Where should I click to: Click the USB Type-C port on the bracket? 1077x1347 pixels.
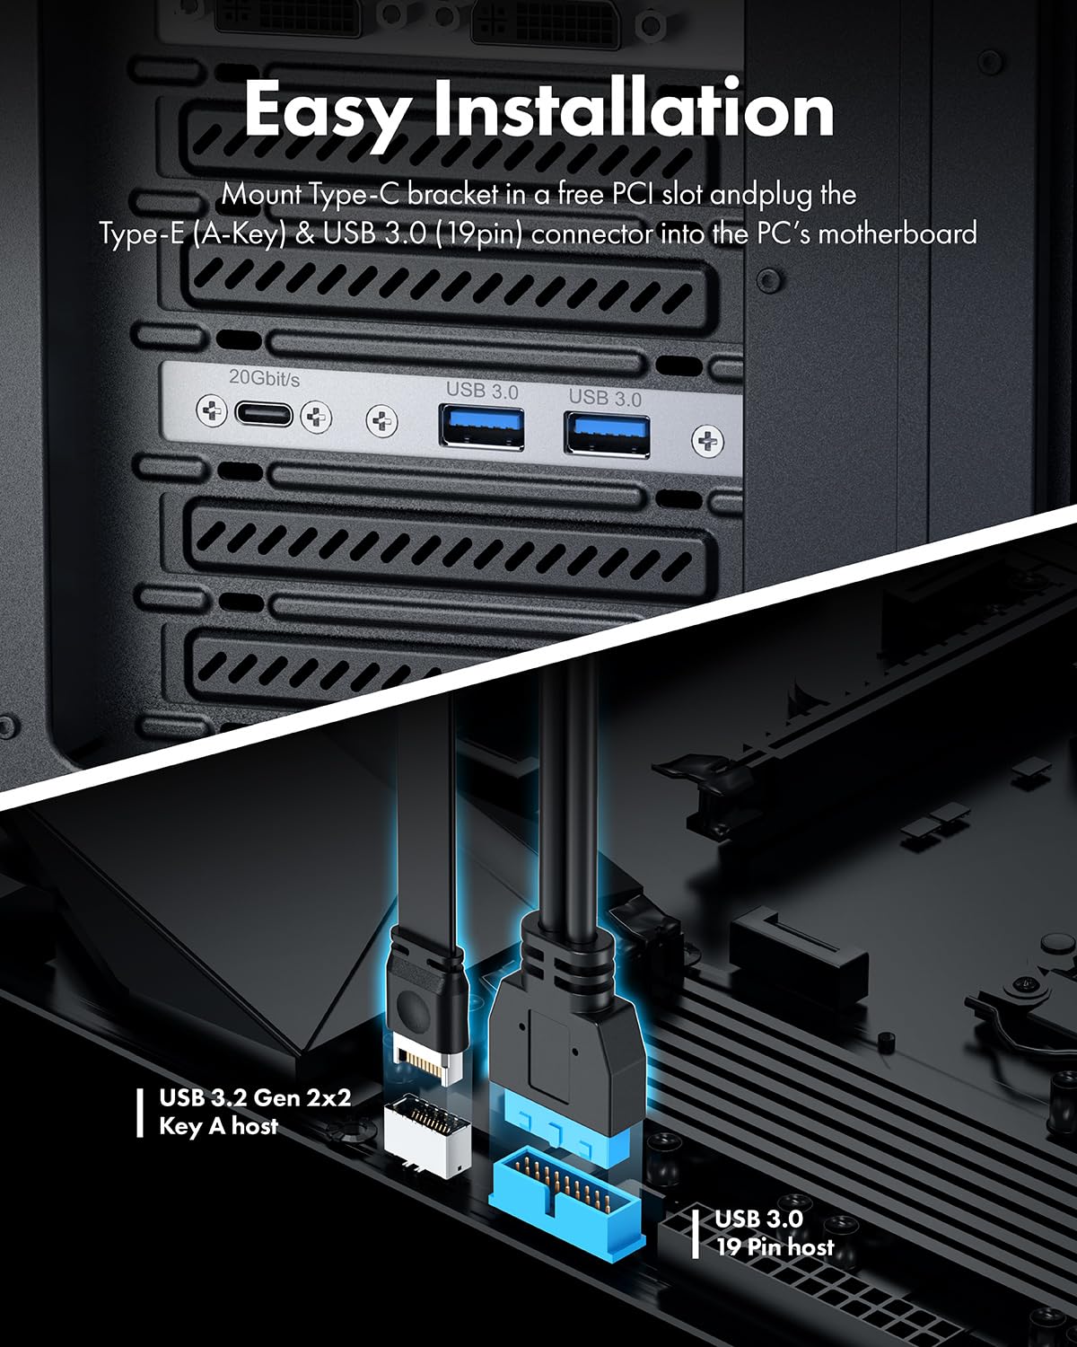click(x=263, y=415)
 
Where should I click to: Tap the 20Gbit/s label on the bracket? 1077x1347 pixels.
click(x=264, y=378)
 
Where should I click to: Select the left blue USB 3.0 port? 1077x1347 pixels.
click(x=482, y=427)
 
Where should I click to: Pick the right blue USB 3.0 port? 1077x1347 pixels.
click(x=606, y=432)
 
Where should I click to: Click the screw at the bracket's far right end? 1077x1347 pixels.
click(x=708, y=441)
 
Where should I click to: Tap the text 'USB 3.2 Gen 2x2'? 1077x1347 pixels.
click(x=255, y=1097)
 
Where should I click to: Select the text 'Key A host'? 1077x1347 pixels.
click(x=218, y=1126)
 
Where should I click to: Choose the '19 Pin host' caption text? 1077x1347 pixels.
click(x=775, y=1246)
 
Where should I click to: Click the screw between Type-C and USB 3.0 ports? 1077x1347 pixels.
click(x=382, y=420)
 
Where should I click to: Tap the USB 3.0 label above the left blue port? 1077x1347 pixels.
click(x=482, y=391)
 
